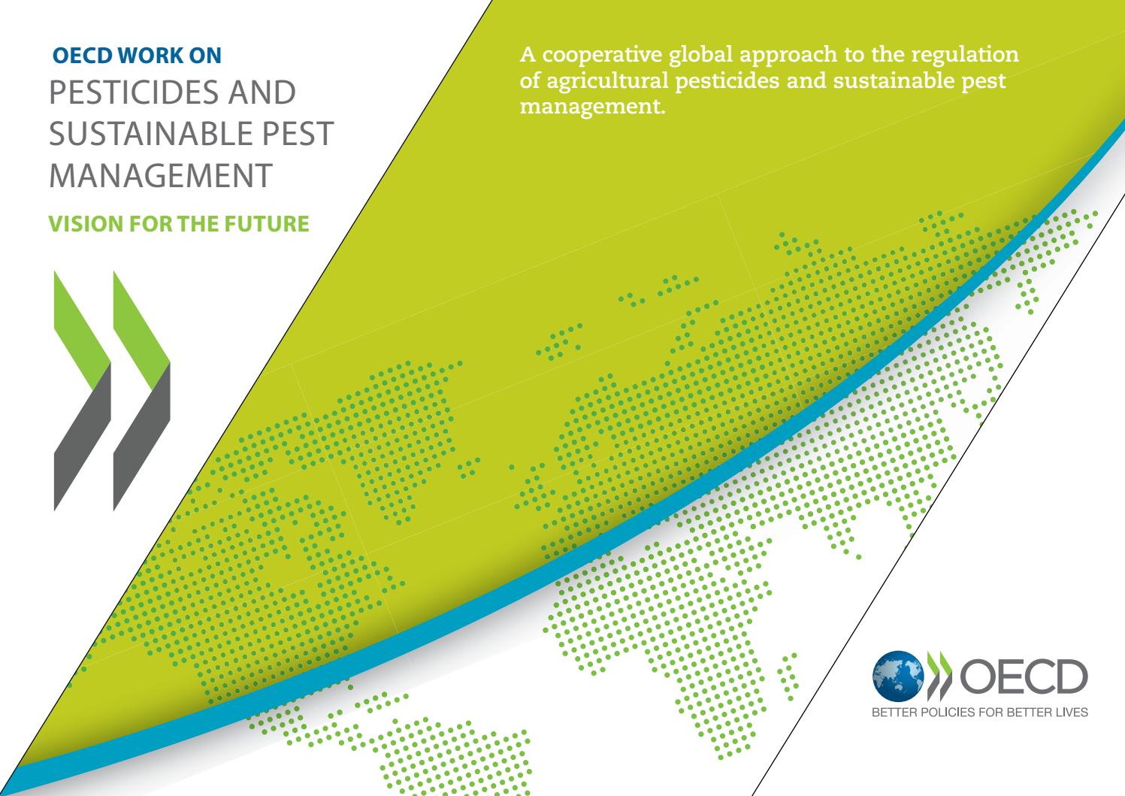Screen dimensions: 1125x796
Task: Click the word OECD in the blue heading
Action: tap(83, 56)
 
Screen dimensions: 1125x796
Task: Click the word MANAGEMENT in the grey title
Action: tap(161, 176)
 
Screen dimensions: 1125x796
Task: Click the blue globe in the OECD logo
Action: tap(898, 676)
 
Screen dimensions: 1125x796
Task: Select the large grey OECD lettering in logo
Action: tap(1024, 676)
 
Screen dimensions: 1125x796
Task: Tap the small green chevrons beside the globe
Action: tap(939, 676)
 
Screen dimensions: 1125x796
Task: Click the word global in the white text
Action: tap(701, 56)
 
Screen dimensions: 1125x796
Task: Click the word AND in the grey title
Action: tap(263, 92)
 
